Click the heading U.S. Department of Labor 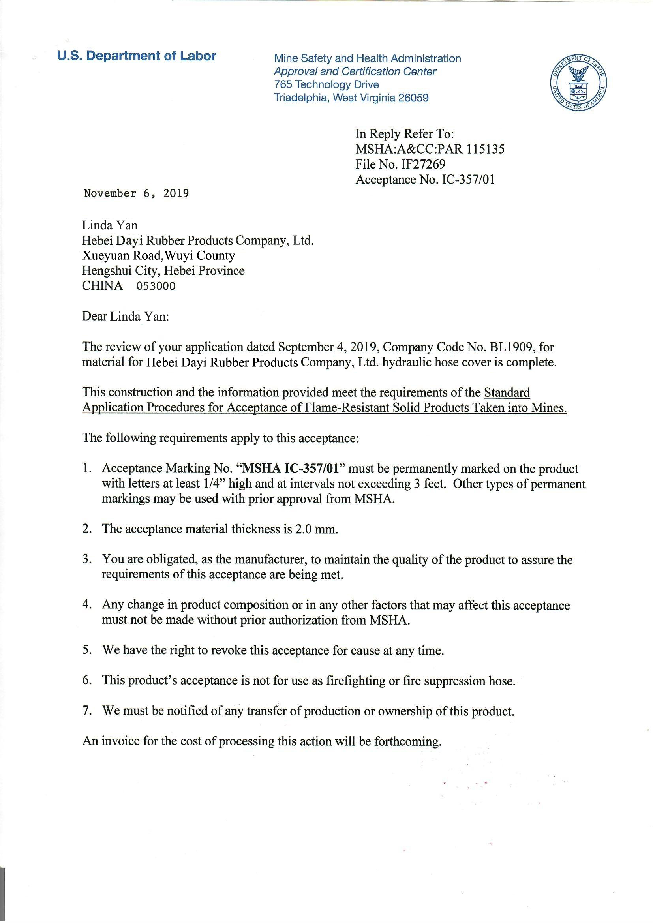pos(137,56)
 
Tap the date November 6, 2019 pos(136,194)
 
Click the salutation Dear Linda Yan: pos(126,317)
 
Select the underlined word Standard pos(507,392)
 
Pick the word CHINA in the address pos(103,286)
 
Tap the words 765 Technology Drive pos(326,84)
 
